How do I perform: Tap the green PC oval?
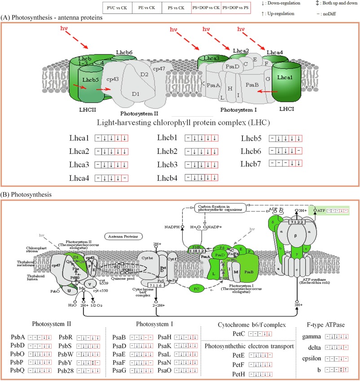(x=196, y=287)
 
